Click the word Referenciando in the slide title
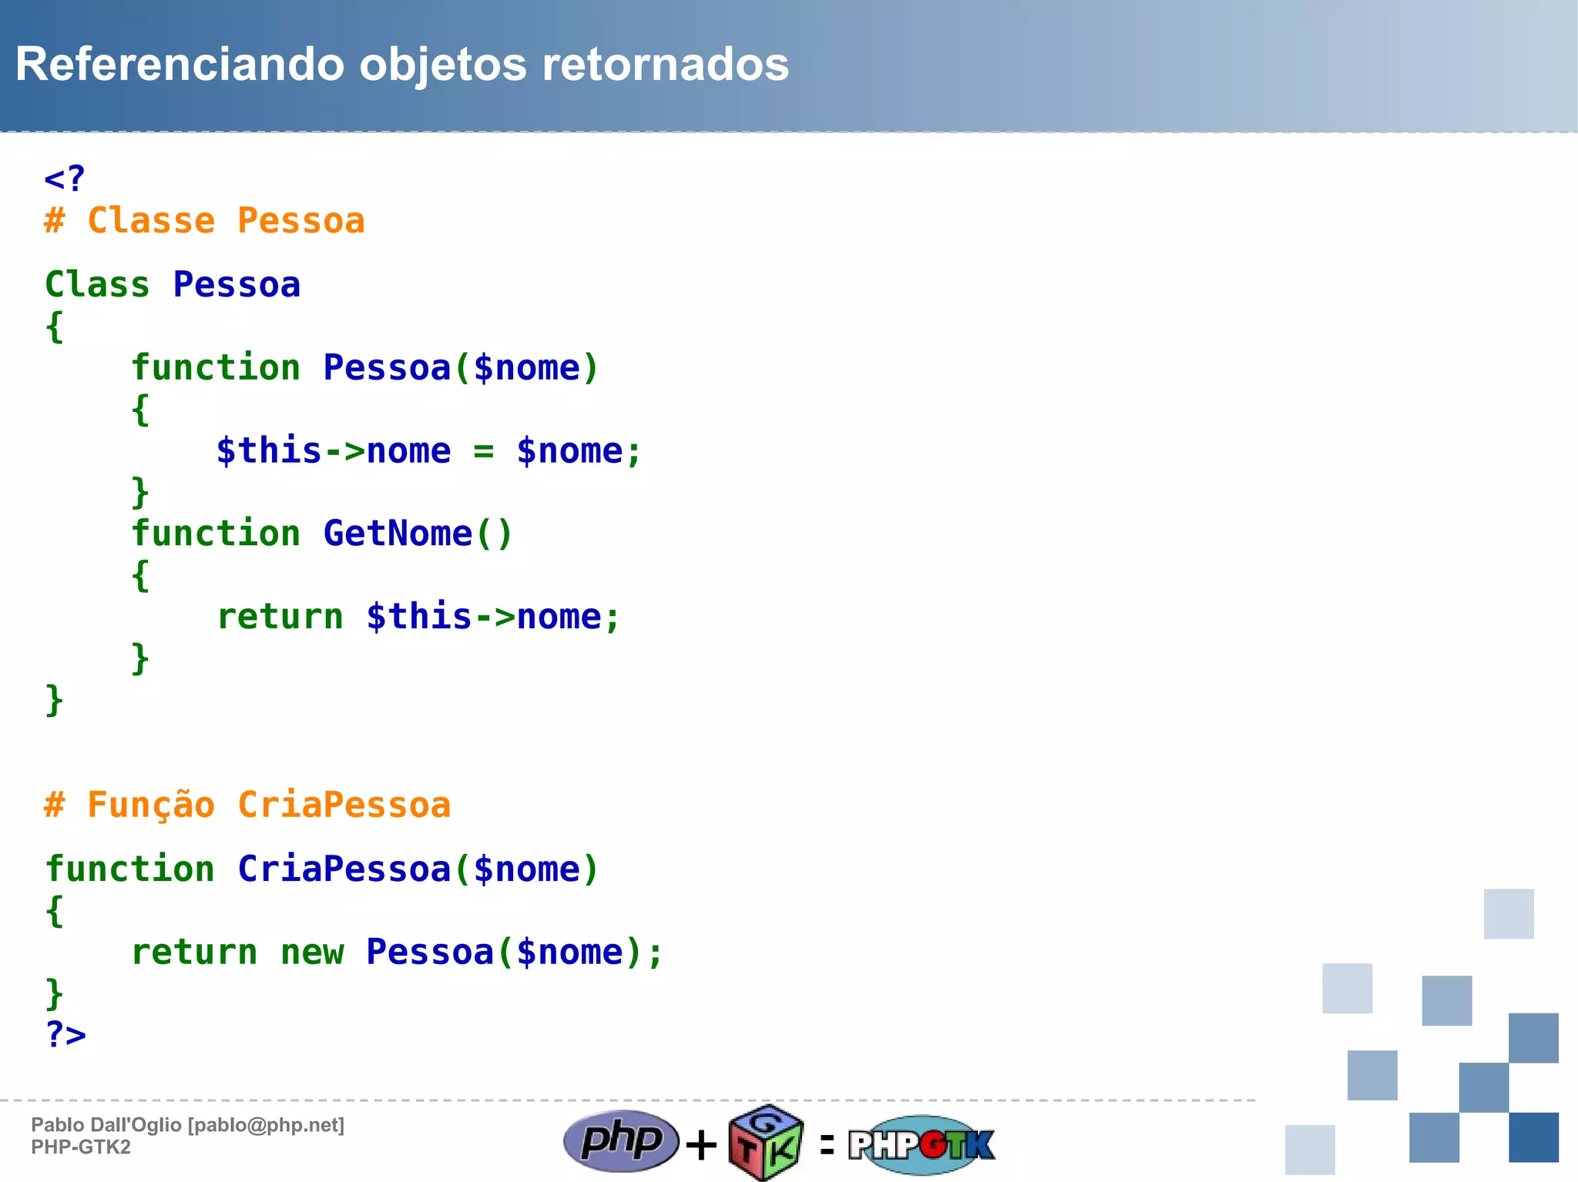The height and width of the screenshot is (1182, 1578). click(x=179, y=65)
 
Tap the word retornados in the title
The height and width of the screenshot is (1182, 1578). click(x=665, y=65)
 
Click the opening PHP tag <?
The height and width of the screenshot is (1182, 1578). click(x=65, y=179)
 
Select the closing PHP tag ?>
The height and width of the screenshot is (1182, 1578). click(x=65, y=1034)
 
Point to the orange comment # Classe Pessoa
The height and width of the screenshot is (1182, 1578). click(x=204, y=221)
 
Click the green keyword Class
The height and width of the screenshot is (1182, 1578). click(x=97, y=285)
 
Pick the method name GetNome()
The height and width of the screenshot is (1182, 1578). click(x=418, y=534)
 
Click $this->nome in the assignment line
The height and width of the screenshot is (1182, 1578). click(x=333, y=451)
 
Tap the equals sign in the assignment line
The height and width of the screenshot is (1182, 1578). click(x=483, y=452)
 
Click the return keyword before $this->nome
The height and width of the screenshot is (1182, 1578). click(x=280, y=617)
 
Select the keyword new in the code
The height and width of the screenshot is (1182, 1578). click(x=311, y=953)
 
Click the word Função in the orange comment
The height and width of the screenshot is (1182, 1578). click(x=151, y=805)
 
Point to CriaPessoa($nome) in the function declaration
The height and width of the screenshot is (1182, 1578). click(x=418, y=869)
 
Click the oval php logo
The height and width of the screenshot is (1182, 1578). click(x=621, y=1141)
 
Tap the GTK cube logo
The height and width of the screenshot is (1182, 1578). click(x=766, y=1143)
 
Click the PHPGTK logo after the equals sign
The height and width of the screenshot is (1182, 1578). click(x=922, y=1145)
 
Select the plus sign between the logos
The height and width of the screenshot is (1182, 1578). click(x=701, y=1145)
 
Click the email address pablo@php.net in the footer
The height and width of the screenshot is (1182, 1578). click(x=266, y=1125)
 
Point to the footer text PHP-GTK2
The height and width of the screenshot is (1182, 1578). click(x=81, y=1147)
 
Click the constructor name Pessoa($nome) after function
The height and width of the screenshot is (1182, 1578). click(x=460, y=368)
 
